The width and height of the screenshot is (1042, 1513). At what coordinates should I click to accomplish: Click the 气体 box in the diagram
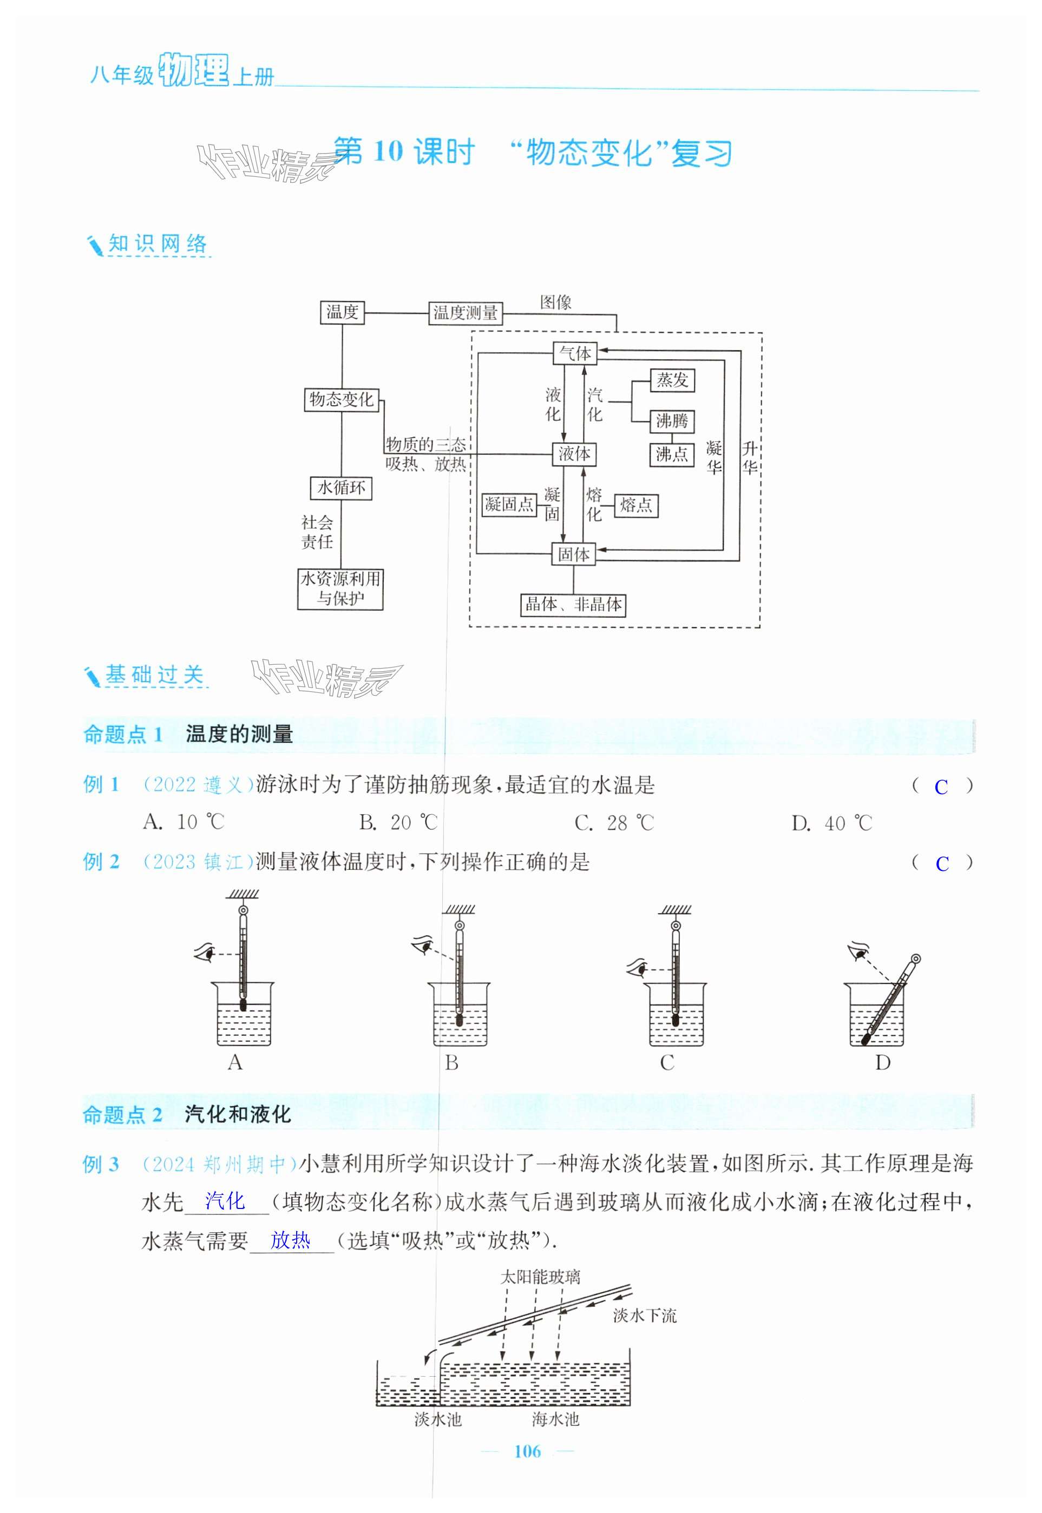[x=574, y=354]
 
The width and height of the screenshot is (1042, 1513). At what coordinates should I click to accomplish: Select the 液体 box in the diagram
[x=574, y=453]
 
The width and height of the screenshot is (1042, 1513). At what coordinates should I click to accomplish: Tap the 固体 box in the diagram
[x=574, y=554]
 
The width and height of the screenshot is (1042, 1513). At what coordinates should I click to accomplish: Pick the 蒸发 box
[x=672, y=380]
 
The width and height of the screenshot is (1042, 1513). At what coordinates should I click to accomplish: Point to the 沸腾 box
[x=672, y=421]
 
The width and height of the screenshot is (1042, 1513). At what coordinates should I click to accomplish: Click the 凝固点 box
[x=509, y=504]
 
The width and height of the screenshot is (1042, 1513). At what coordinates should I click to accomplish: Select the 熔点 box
[x=636, y=504]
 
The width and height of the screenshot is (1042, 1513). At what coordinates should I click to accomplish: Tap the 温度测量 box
[x=466, y=313]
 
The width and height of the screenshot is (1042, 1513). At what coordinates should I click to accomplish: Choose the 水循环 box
[x=341, y=487]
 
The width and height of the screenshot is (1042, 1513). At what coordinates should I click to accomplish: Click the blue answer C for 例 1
[x=941, y=788]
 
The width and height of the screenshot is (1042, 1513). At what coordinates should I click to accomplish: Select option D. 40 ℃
[x=832, y=823]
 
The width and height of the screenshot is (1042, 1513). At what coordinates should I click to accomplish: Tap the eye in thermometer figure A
[x=206, y=953]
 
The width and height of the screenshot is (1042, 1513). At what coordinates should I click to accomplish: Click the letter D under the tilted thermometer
[x=882, y=1063]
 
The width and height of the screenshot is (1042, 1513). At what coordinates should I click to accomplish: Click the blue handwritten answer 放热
[x=290, y=1240]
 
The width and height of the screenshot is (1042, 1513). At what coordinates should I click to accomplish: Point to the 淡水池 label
[x=437, y=1419]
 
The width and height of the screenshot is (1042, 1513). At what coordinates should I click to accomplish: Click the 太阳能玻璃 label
[x=540, y=1277]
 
